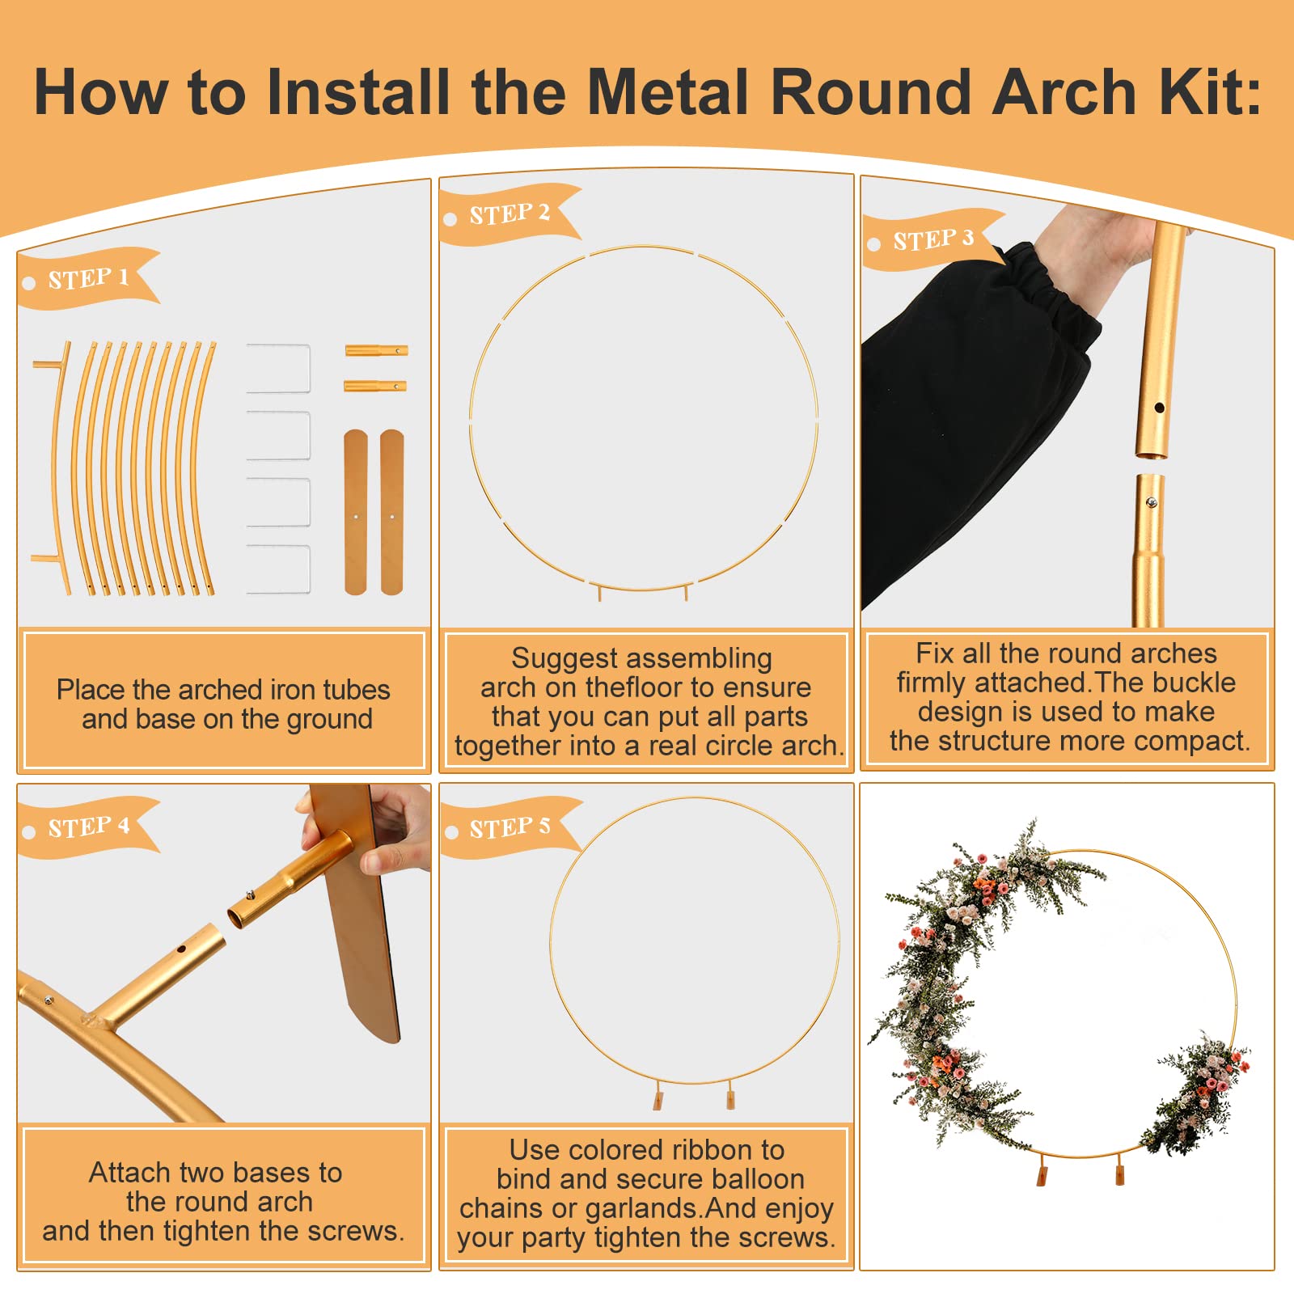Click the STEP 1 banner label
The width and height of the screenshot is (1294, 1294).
[88, 278]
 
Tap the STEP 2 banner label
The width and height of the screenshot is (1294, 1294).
[510, 214]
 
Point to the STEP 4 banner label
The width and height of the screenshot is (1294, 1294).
[88, 827]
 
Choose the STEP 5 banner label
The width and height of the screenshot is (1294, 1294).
[510, 827]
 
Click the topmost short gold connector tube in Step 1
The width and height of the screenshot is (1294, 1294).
[376, 350]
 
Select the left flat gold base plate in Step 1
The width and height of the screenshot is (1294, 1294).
[356, 512]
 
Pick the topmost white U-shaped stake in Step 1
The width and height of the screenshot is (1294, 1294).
[278, 369]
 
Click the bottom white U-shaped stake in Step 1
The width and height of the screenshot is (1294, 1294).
[278, 569]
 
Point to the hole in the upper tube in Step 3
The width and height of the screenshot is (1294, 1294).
[1159, 408]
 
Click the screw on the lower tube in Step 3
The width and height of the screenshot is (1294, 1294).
[1152, 502]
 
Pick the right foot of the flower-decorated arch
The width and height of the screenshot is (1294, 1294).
[1119, 1169]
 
